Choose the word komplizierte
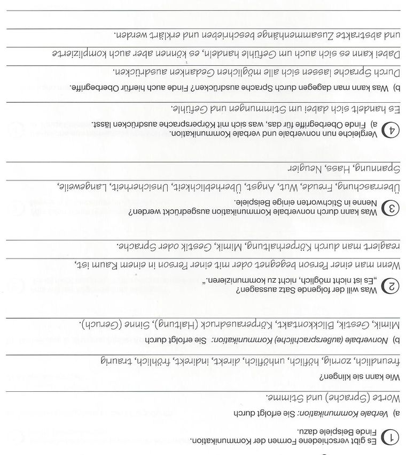coord(80,54)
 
